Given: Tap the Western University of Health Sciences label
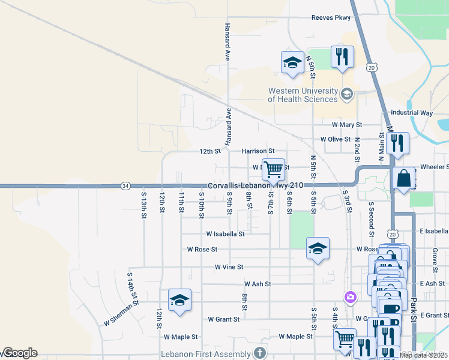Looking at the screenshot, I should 303,95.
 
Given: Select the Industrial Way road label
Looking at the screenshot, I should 411,113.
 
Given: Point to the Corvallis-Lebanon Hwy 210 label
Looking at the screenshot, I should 260,186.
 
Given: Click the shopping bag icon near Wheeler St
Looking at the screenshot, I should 404,178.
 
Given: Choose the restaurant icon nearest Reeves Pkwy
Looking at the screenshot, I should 342,57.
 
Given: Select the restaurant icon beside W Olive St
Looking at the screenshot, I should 397,143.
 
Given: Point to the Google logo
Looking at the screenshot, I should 19,353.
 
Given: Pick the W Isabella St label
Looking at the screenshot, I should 225,233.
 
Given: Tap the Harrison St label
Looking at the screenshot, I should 258,151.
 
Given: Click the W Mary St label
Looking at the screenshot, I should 348,125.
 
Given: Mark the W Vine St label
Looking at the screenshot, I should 229,267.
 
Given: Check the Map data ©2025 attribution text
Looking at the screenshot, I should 423,355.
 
